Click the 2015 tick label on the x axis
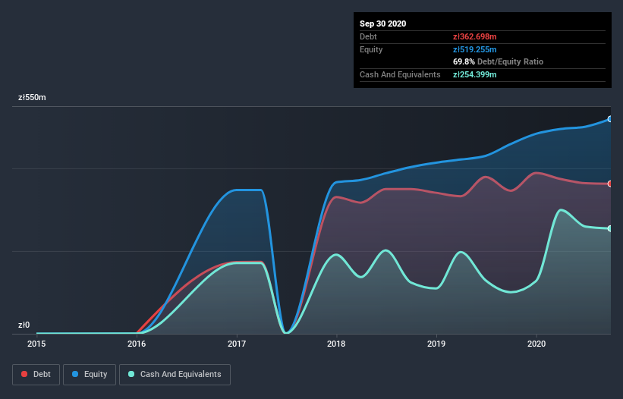pos(36,344)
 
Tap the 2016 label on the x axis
pos(137,344)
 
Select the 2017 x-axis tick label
pos(237,344)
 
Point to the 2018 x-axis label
pos(336,344)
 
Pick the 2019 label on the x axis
pos(436,344)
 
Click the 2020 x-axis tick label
pos(536,344)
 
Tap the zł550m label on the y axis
pos(33,98)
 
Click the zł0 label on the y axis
pos(25,325)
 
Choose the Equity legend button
pos(90,374)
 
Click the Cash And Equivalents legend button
pos(175,374)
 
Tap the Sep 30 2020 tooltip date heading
pos(383,24)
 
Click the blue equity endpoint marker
pos(609,119)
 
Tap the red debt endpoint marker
pos(609,184)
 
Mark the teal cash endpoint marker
pos(609,228)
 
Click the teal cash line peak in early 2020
pos(561,210)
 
